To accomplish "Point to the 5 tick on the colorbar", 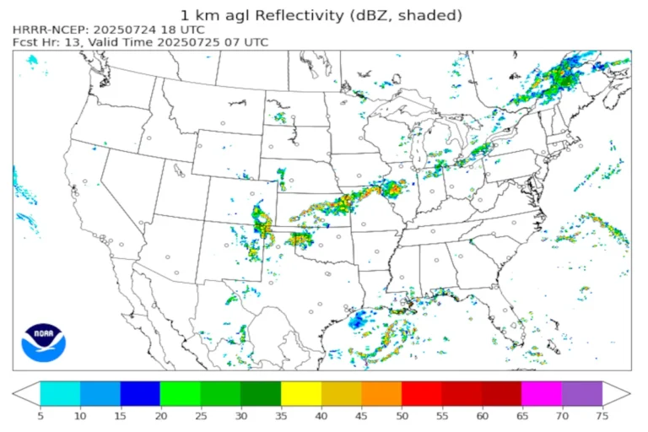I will coord(40,414).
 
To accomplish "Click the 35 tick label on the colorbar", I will coord(281,414).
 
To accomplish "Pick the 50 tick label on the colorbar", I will coord(402,414).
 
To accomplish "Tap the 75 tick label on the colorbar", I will coord(602,414).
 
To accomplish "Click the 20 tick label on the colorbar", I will coord(160,414).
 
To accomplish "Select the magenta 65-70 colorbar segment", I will coord(542,393).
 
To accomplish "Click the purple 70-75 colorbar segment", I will coord(582,393).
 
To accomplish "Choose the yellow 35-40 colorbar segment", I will coord(300,393).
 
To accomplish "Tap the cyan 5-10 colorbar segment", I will coord(60,393).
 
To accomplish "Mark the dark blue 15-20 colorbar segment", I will coord(140,393).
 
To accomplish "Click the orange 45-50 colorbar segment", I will coord(381,393).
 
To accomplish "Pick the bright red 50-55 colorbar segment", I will coord(421,393).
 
